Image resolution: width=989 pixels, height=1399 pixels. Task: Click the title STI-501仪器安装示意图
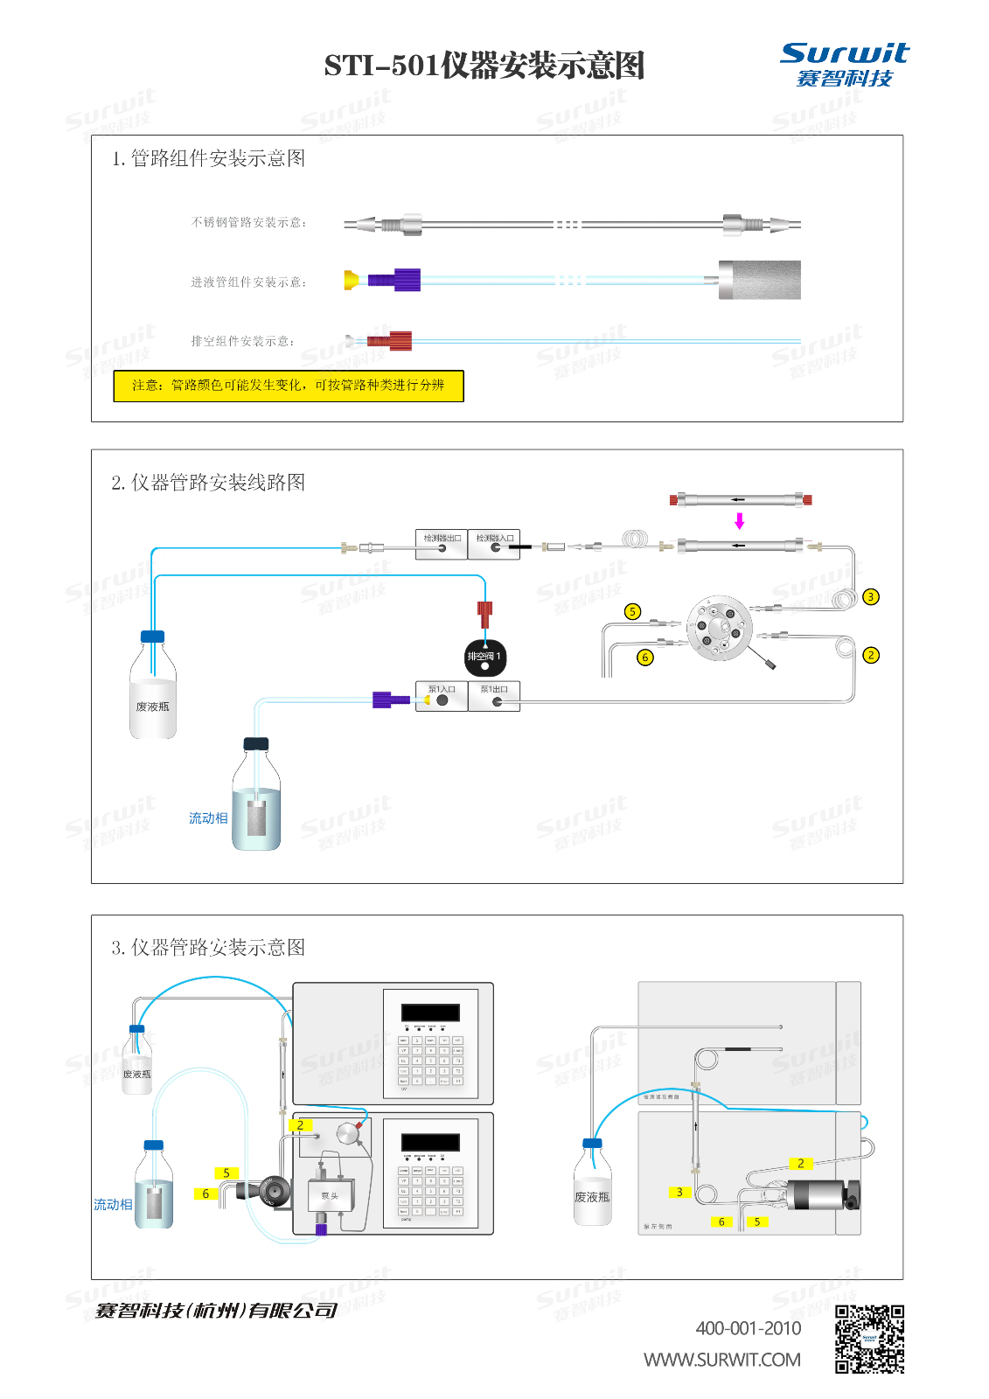pyautogui.click(x=484, y=66)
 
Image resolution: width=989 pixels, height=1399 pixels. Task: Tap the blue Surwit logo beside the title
pyautogui.click(x=844, y=64)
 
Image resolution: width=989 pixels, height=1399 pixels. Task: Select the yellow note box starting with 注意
pyautogui.click(x=289, y=386)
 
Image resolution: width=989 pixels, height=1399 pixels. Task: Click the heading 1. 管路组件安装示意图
pyautogui.click(x=209, y=158)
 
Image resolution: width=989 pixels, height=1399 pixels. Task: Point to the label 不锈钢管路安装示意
pyautogui.click(x=248, y=223)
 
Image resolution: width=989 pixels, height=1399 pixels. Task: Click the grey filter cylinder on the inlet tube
pyautogui.click(x=759, y=280)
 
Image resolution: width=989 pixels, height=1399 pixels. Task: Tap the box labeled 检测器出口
pyautogui.click(x=442, y=544)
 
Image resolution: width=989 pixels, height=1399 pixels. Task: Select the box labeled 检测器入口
pyautogui.click(x=494, y=544)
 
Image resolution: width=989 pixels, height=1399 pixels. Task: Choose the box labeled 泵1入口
pyautogui.click(x=442, y=696)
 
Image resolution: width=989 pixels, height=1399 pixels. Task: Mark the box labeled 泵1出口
pyautogui.click(x=494, y=696)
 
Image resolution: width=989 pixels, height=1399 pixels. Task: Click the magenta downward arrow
pyautogui.click(x=740, y=521)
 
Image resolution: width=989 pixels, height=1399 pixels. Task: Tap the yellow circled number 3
pyautogui.click(x=870, y=597)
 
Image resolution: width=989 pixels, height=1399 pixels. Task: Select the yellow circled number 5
pyautogui.click(x=633, y=612)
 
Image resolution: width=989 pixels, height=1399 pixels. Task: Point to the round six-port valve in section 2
pyautogui.click(x=719, y=629)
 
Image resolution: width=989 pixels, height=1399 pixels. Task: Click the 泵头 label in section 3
pyautogui.click(x=330, y=1196)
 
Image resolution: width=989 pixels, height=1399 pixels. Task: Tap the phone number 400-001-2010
pyautogui.click(x=748, y=1329)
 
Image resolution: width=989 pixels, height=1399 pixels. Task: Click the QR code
pyautogui.click(x=869, y=1340)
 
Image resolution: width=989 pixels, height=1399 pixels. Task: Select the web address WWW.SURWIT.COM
pyautogui.click(x=722, y=1361)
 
